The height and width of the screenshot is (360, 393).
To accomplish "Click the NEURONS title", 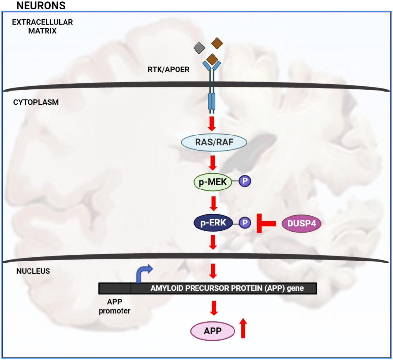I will (x=41, y=6).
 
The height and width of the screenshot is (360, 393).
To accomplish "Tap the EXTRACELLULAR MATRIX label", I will (x=43, y=27).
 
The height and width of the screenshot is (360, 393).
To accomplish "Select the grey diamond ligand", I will (x=199, y=48).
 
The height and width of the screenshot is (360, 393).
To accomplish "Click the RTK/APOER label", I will (x=168, y=70).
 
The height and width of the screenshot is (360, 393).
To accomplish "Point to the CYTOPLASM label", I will (x=36, y=102).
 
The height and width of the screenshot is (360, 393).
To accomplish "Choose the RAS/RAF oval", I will (x=214, y=142).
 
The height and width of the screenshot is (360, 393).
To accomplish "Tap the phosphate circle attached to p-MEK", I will (x=245, y=181).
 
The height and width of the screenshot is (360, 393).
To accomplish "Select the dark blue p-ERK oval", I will (x=213, y=223).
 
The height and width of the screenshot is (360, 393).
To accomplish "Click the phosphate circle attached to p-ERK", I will (x=245, y=223).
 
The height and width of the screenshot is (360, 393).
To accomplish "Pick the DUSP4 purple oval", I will (x=301, y=224).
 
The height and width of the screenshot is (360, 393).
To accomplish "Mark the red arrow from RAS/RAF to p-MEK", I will (x=213, y=163).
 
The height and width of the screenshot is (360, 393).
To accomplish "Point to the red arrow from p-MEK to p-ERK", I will (x=214, y=203).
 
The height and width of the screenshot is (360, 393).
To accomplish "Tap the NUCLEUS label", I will (x=33, y=271).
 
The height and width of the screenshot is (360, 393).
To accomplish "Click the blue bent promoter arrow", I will (x=143, y=273).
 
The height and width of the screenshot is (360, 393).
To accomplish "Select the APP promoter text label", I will (x=114, y=306).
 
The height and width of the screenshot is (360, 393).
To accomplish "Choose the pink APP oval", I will (x=213, y=331).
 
